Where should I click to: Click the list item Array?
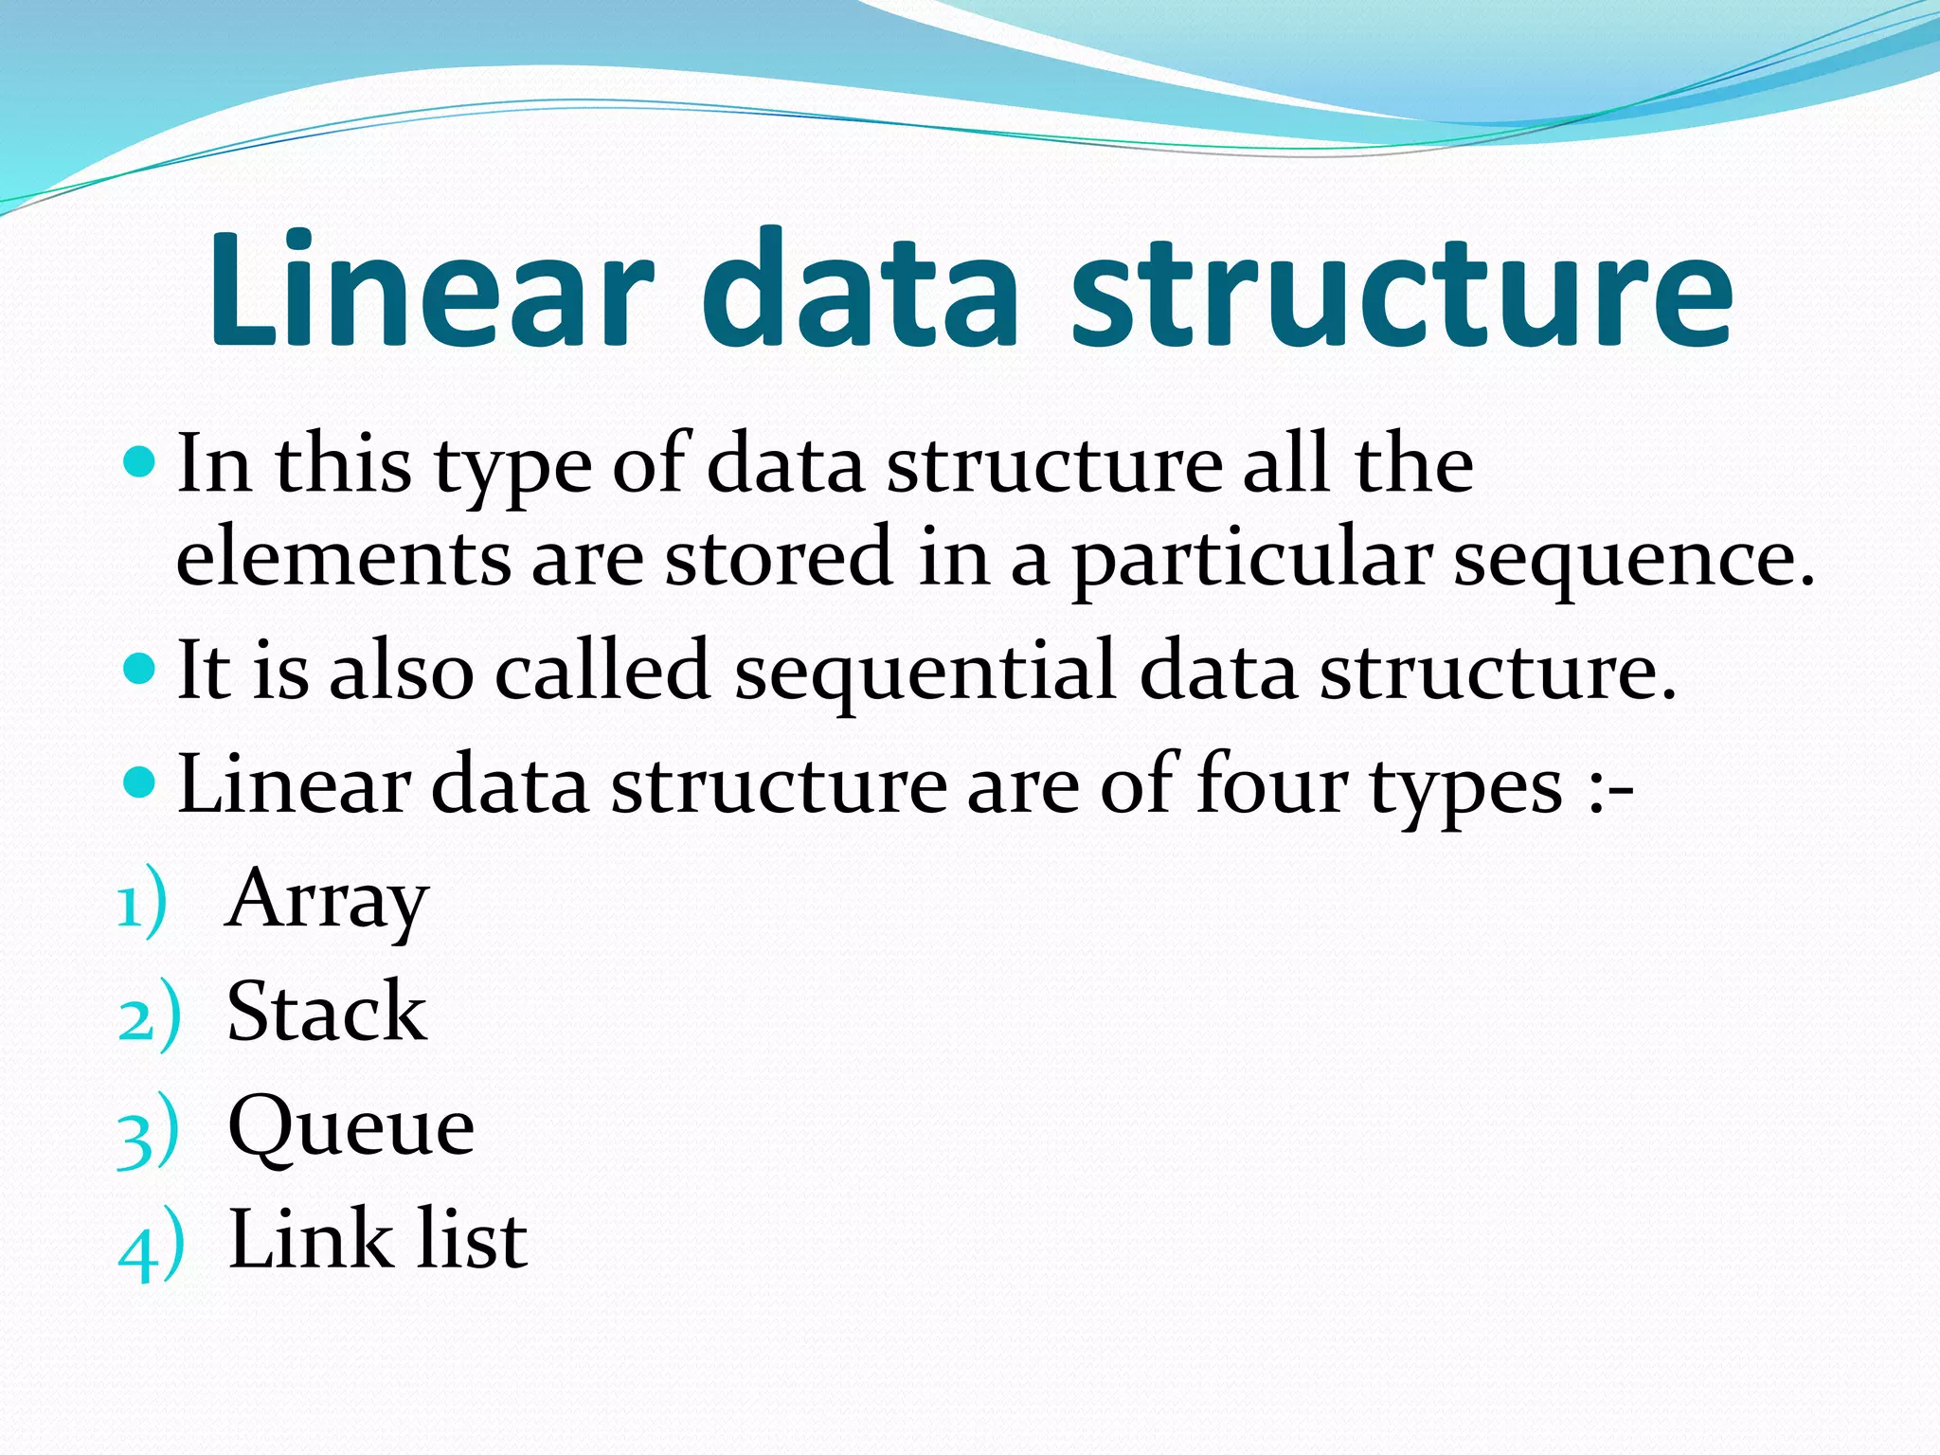328,899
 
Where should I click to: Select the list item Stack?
327,1013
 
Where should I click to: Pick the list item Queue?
351,1126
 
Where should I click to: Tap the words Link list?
378,1240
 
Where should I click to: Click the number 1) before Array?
142,905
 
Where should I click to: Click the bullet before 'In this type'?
138,462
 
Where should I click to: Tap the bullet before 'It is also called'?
138,669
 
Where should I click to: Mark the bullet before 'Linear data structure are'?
138,782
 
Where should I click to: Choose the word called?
602,671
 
